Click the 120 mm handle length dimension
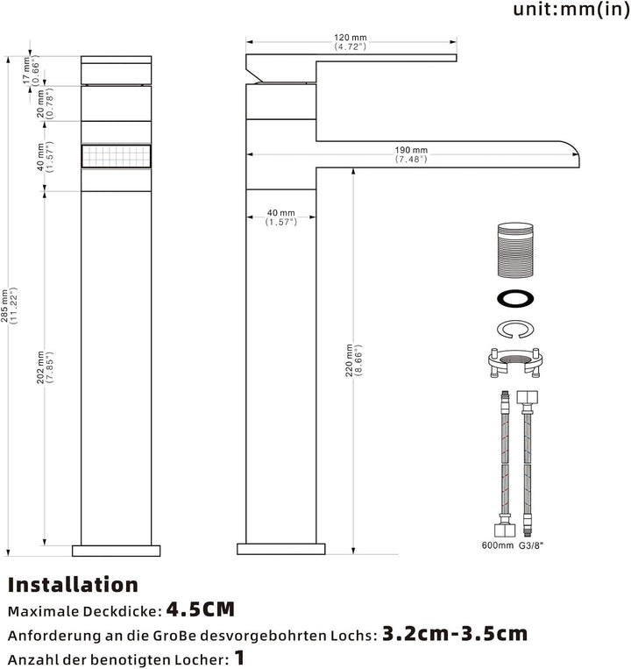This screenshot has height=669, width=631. tap(351, 42)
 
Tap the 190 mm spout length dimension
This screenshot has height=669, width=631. tap(411, 154)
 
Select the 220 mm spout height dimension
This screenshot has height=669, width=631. tap(354, 360)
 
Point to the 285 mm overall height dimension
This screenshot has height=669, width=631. tap(9, 305)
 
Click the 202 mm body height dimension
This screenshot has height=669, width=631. tap(45, 367)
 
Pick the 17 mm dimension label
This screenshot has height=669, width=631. tap(32, 70)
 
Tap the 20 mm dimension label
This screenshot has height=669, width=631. tap(45, 103)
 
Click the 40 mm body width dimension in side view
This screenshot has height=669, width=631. tap(281, 217)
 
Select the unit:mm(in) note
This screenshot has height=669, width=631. tap(571, 9)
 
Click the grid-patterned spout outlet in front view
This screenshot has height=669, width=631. tap(116, 156)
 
